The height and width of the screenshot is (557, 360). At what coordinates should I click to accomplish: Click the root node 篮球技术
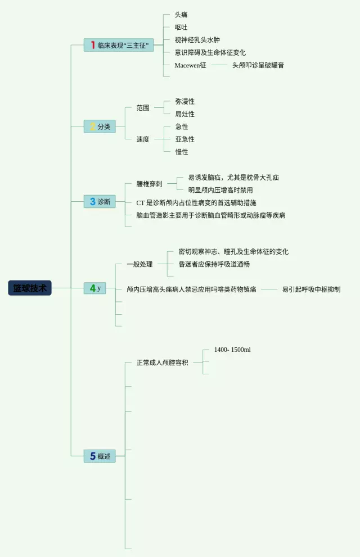coord(30,288)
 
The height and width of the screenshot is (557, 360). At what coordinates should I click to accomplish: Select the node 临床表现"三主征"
coord(119,46)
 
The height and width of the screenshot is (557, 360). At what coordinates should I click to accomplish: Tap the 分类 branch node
coord(100,126)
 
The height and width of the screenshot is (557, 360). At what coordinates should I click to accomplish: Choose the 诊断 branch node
coord(100,201)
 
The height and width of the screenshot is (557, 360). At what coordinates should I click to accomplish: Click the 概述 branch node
coord(100,456)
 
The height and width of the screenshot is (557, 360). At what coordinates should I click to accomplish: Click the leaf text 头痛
coord(181,15)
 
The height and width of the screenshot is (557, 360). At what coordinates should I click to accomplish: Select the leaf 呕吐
coord(181,27)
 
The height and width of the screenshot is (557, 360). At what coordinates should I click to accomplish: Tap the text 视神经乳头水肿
coord(197,40)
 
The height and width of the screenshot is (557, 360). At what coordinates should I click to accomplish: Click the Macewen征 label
coord(190,65)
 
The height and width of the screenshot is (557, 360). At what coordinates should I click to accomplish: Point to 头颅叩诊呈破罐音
coord(258,65)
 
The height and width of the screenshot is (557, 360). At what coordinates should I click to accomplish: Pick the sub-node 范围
coord(143,107)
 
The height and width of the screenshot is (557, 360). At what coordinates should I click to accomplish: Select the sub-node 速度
coord(143,139)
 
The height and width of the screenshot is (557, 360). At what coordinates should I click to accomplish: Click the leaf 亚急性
coord(184,139)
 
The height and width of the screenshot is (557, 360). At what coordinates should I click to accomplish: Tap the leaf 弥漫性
coord(184,101)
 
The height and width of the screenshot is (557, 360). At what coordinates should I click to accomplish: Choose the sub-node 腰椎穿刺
coord(149,184)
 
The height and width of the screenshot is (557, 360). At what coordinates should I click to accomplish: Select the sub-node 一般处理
coord(139,264)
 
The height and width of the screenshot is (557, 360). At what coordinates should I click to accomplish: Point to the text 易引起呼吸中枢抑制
coord(311,289)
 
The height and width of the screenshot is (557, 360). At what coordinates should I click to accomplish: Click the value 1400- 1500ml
coord(232,350)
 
